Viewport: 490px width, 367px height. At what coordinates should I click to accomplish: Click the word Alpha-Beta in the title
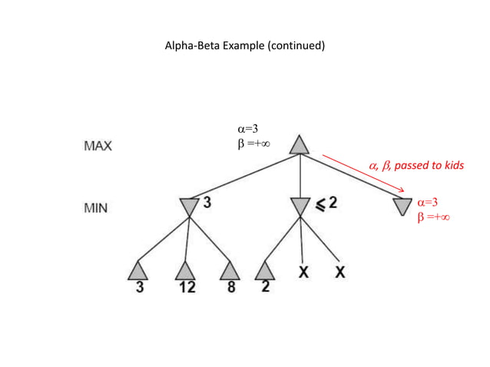[x=190, y=46]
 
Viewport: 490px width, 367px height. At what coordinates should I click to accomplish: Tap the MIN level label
[x=96, y=208]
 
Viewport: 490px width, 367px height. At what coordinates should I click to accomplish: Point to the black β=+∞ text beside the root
[x=253, y=143]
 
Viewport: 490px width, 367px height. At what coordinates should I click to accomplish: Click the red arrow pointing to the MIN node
[x=363, y=174]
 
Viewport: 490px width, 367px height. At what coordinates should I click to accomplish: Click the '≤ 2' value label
[x=327, y=203]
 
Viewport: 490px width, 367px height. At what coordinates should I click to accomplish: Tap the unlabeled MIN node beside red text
[x=402, y=207]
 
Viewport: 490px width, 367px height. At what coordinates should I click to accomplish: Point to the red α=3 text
[x=428, y=203]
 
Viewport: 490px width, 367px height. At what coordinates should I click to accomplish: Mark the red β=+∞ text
[x=433, y=217]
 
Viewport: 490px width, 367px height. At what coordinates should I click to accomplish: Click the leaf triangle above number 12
[x=185, y=270]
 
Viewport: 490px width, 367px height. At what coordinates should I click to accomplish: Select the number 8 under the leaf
[x=230, y=288]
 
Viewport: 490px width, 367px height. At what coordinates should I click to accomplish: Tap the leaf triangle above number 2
[x=264, y=270]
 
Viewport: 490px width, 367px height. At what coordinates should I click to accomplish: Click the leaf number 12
[x=187, y=288]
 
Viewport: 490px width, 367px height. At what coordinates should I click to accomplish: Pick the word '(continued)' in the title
[x=296, y=46]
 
